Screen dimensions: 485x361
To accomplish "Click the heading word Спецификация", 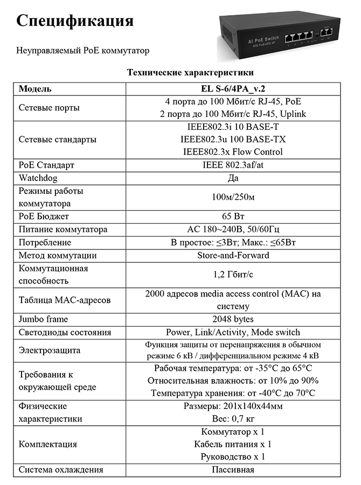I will (x=75, y=21).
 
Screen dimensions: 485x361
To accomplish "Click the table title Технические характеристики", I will (x=190, y=72).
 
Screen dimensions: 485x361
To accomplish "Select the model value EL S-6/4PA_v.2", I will (x=233, y=88).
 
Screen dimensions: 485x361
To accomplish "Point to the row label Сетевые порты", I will (x=49, y=107).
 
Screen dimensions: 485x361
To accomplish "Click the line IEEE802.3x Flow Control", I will (x=233, y=152).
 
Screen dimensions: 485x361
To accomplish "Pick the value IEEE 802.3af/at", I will (x=233, y=165).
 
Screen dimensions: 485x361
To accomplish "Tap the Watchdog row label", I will (x=38, y=178).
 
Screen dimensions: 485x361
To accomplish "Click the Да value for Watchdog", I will (x=233, y=178).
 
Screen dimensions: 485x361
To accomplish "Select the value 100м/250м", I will (x=233, y=197).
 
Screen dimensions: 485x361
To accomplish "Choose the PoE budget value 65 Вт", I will (x=233, y=217).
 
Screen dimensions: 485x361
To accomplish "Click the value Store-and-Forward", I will (x=233, y=255).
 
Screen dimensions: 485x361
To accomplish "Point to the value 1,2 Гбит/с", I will (x=233, y=274).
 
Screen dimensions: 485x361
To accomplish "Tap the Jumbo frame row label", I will (x=43, y=320).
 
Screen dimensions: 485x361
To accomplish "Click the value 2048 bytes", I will (x=233, y=320).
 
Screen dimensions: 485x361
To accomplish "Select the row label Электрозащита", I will (x=50, y=350).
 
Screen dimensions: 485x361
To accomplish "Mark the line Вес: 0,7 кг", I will (x=233, y=419).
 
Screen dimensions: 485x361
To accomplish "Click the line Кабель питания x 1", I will (x=233, y=445).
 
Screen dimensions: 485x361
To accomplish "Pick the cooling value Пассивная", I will (x=233, y=470).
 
